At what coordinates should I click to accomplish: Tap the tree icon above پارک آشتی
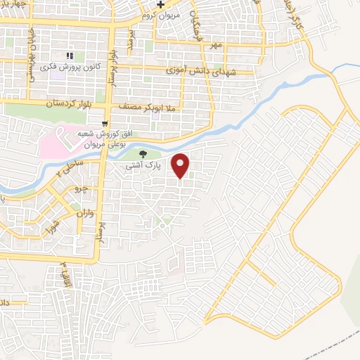click(x=143, y=155)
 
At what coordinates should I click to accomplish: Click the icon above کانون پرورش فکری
click(x=69, y=55)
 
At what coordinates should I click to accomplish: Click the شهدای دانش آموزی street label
click(x=202, y=71)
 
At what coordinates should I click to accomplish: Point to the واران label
click(x=82, y=212)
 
